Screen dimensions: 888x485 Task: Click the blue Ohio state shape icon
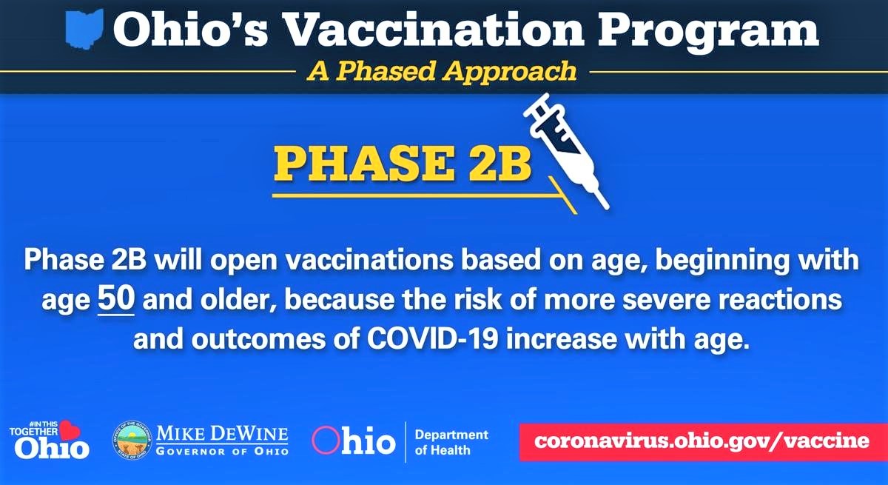(84, 30)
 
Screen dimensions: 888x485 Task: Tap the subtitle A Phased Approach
(442, 71)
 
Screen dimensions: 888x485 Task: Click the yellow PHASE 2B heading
(403, 164)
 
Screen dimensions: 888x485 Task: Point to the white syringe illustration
(565, 151)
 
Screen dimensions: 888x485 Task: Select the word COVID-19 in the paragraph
(432, 339)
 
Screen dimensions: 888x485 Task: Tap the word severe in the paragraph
(666, 300)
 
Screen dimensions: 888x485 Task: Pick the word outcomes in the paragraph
(258, 339)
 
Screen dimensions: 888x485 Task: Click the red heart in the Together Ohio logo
(70, 430)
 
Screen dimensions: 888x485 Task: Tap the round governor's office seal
(132, 440)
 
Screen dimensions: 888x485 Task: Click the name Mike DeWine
(223, 433)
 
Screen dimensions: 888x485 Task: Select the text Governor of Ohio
(223, 451)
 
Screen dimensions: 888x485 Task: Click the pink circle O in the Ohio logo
(326, 440)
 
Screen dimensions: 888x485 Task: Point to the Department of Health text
(451, 442)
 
